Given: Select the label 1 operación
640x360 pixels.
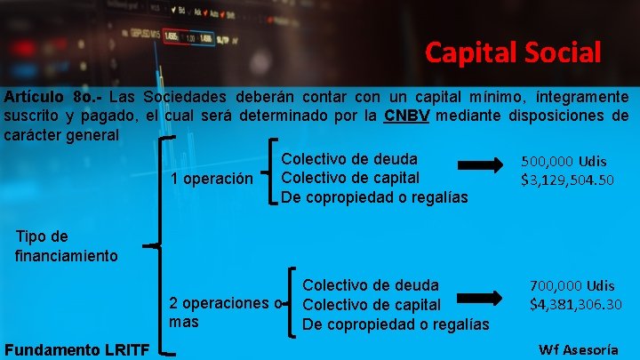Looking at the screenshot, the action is click(x=212, y=179).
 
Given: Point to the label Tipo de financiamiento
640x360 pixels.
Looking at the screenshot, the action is click(x=66, y=246).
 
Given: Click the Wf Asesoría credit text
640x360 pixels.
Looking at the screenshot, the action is click(x=579, y=348).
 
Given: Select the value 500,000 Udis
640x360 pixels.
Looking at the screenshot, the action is click(x=564, y=161).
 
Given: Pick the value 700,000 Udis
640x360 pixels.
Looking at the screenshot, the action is click(x=572, y=285).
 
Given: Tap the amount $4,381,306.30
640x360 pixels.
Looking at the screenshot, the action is click(x=576, y=305).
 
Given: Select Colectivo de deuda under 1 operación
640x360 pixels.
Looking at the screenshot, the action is click(x=349, y=159).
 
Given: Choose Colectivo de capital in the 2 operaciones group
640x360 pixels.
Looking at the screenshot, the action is click(x=372, y=305).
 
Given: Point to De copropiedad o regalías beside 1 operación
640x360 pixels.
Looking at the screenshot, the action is click(x=374, y=196).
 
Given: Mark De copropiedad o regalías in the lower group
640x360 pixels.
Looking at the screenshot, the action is click(x=396, y=324).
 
